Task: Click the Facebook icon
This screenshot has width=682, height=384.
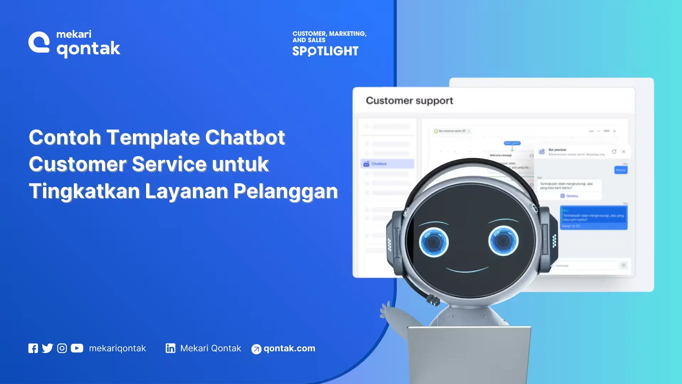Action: point(33,348)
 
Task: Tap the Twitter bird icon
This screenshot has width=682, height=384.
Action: point(47,348)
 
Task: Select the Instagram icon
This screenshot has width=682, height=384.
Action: point(62,348)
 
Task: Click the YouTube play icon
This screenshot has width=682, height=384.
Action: point(77,348)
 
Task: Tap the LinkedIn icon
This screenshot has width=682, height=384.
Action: point(170,348)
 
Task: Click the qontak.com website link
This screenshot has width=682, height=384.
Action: point(289,348)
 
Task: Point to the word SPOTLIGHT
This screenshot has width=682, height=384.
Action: point(325,51)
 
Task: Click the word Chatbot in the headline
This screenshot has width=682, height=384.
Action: point(245,137)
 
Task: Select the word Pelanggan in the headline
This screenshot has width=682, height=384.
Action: point(286,191)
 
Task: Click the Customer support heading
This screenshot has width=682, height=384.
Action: point(409,101)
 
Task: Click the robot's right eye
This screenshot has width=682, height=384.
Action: point(503,241)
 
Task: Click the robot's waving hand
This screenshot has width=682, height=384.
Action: point(386,309)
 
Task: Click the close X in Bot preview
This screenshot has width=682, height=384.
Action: point(624,151)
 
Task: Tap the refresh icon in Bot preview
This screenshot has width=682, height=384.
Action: point(614,151)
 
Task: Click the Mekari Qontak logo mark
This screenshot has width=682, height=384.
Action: point(39,43)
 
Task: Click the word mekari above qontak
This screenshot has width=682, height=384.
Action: point(74,34)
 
